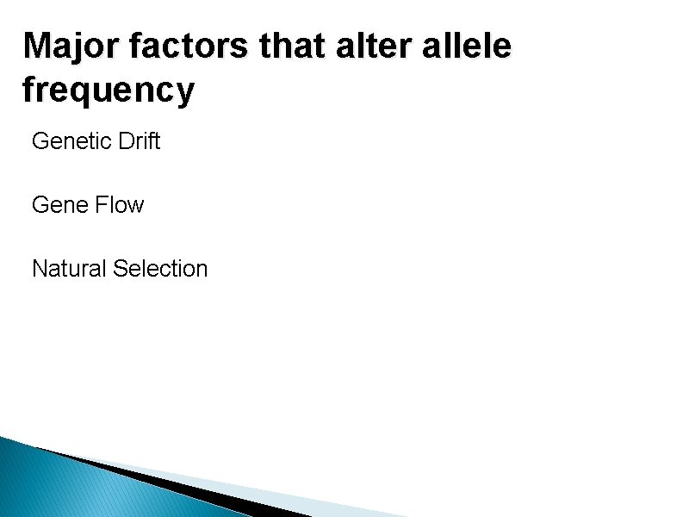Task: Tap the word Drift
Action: (138, 141)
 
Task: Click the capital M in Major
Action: (38, 47)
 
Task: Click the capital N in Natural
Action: (39, 269)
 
